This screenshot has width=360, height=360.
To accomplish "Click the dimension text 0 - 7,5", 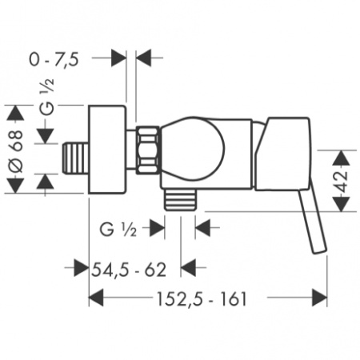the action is (x=54, y=59).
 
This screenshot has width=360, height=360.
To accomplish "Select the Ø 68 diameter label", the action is (x=16, y=152).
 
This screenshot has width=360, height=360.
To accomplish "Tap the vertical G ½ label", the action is (x=48, y=97).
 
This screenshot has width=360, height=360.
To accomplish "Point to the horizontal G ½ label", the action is (x=118, y=229).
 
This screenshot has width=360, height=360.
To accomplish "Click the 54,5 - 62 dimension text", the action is (x=129, y=270).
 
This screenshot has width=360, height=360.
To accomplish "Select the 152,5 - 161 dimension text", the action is (x=202, y=298).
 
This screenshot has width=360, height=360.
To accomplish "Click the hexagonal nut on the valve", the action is (x=147, y=150).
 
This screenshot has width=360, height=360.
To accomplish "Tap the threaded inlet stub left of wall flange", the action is (x=75, y=158).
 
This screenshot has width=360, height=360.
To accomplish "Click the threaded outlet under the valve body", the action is (x=181, y=199).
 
